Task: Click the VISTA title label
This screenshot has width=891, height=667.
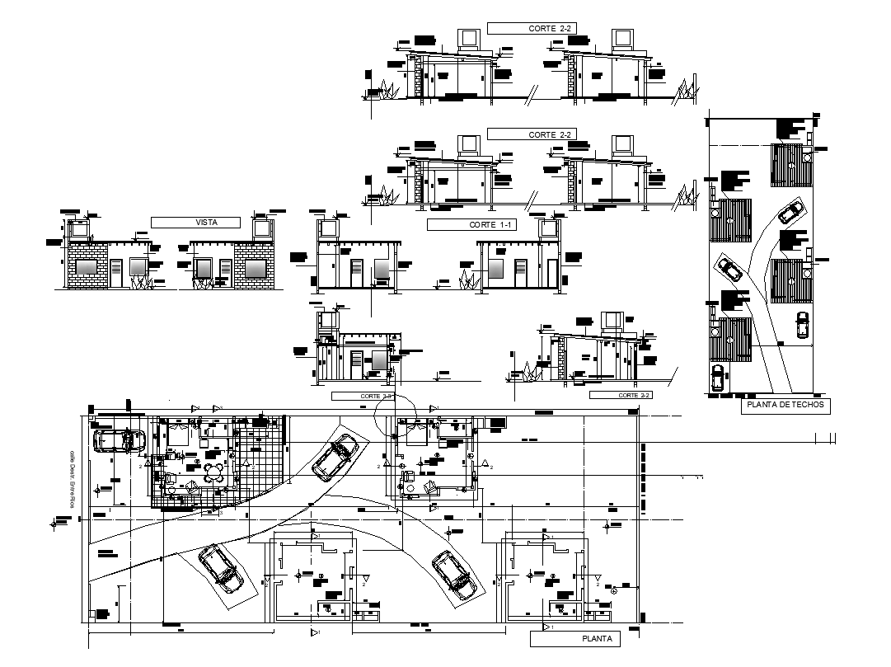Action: [x=195, y=223]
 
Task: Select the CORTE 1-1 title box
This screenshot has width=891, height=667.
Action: [x=471, y=224]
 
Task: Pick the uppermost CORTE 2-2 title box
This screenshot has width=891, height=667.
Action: [x=530, y=28]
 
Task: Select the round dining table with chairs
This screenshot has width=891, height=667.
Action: [x=215, y=472]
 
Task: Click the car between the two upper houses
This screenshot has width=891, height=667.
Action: [x=335, y=458]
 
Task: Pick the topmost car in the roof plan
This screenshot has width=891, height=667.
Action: [x=790, y=213]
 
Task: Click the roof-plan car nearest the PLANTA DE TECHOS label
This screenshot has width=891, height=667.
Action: [x=717, y=378]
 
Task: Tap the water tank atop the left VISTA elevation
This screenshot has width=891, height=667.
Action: [x=79, y=228]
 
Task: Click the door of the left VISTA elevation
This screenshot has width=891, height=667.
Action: [x=115, y=273]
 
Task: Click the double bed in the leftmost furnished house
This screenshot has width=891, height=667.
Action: [x=178, y=433]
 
